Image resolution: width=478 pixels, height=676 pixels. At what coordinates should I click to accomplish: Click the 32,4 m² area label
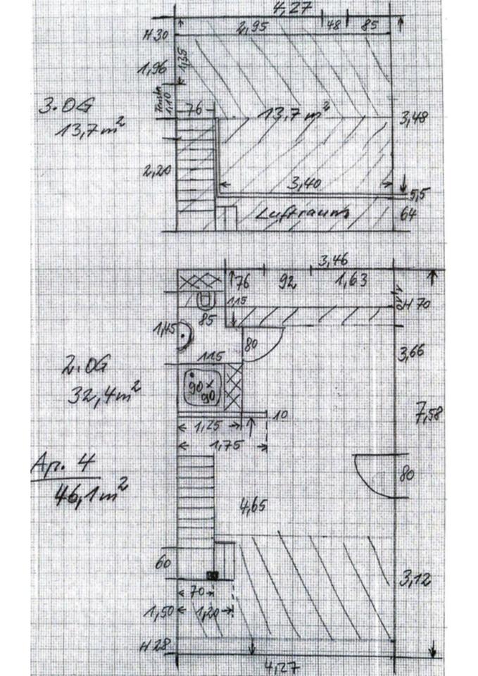(x=101, y=392)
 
